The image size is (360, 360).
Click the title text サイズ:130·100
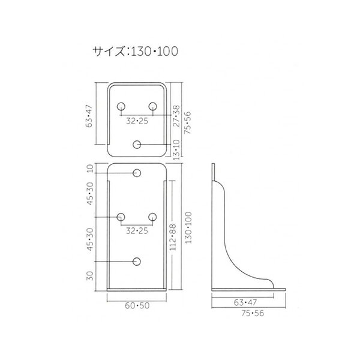click(135, 51)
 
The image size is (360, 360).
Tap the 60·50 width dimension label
click(137, 305)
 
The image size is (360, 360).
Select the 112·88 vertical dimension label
click(173, 238)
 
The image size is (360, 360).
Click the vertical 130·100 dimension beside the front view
click(188, 228)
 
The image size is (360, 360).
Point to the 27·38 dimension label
click(177, 116)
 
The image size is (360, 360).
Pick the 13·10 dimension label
click(177, 150)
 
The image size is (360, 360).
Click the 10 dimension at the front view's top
click(91, 168)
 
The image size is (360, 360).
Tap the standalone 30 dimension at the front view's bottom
click(90, 276)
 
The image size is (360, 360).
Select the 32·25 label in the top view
click(137, 121)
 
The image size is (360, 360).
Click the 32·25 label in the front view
click(137, 231)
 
